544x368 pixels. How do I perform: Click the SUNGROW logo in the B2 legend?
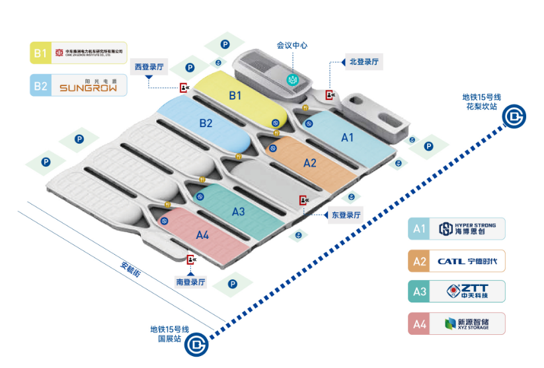pos(88,86)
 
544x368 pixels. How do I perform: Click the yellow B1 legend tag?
pos(41,53)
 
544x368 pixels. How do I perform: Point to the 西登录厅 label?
pos(149,67)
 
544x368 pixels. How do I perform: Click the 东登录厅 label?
pos(346,214)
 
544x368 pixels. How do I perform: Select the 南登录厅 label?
pos(190,282)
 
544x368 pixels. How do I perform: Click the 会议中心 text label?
pos(292,46)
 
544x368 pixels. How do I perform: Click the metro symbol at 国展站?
pos(196,344)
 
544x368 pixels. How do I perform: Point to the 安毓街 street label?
pos(130,269)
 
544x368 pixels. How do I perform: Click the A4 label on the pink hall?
pos(203,235)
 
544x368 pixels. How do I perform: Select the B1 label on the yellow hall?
pos(235,96)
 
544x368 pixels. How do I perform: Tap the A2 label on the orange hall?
pos(310,163)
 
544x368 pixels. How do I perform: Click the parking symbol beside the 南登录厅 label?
pos(232,284)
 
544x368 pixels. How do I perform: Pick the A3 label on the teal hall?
pos(239,212)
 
